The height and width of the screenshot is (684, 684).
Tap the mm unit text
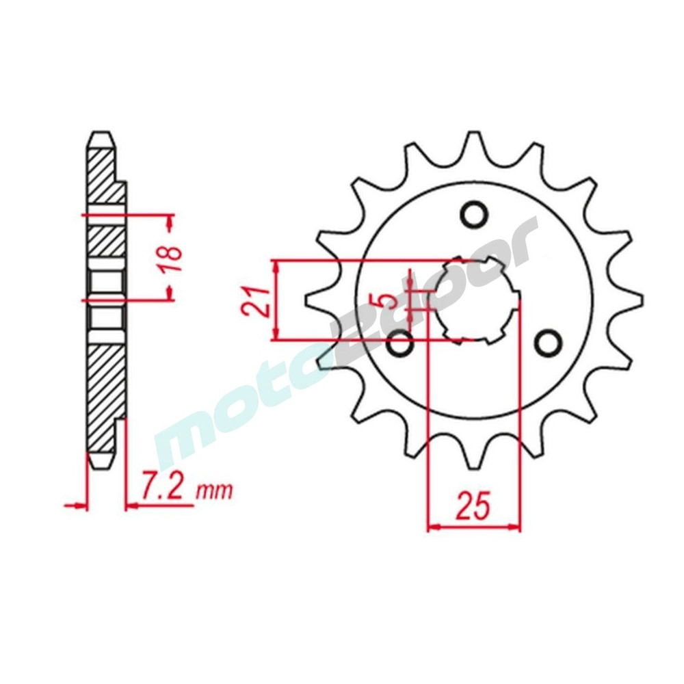(x=215, y=492)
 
